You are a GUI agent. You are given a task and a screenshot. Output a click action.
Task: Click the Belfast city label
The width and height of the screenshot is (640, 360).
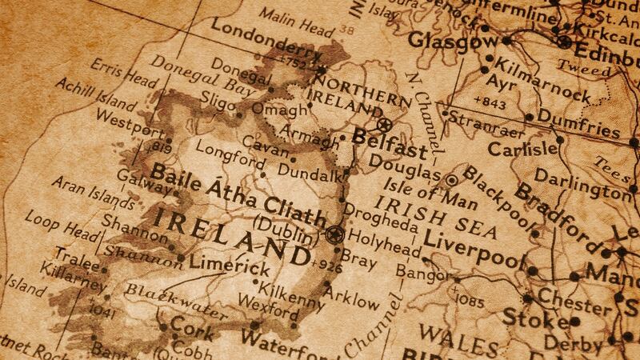(390, 150)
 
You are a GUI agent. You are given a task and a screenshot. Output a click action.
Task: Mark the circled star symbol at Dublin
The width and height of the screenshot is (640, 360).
(334, 234)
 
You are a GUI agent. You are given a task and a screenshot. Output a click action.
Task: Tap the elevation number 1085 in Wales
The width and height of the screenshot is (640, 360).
(468, 300)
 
